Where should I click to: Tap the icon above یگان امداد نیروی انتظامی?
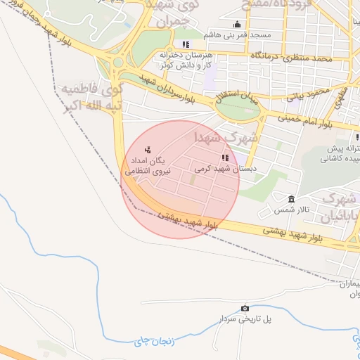[148, 149]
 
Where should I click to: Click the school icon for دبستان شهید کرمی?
[225, 158]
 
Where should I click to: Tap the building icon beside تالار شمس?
[292, 198]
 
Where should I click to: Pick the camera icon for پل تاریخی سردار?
[245, 308]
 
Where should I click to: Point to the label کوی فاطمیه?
[83, 90]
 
